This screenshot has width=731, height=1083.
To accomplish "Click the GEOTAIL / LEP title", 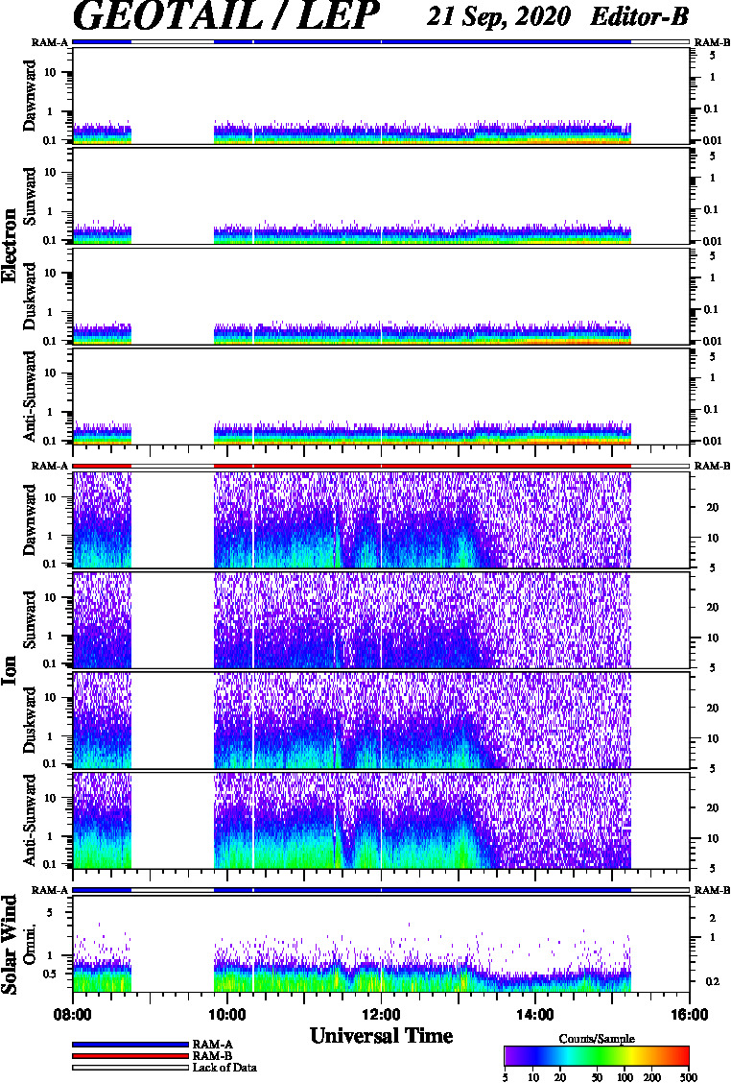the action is [225, 16].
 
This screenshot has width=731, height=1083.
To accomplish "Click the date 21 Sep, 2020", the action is [499, 16].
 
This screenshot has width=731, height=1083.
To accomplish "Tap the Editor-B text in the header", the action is [639, 16].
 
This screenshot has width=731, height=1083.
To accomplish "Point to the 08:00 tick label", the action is [73, 1015].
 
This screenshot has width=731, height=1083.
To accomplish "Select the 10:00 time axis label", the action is [227, 1015].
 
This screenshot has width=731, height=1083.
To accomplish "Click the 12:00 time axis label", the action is [381, 1015].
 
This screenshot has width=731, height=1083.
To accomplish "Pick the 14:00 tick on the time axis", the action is [535, 1015].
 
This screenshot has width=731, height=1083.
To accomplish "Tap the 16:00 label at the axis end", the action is [689, 1015].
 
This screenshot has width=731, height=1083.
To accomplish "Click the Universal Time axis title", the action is [382, 1036].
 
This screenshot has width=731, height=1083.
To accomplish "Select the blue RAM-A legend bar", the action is [130, 1045].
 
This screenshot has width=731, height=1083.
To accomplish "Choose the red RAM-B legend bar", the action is [130, 1056].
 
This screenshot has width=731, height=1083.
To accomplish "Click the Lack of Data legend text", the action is [224, 1068].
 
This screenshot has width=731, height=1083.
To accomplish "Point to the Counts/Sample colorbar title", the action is [597, 1039].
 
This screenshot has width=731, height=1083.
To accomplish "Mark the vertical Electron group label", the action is [10, 245].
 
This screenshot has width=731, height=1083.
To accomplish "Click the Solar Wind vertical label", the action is [10, 945].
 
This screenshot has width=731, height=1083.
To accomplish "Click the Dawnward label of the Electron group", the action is [30, 95].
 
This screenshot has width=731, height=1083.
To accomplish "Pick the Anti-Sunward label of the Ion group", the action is [30, 820].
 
